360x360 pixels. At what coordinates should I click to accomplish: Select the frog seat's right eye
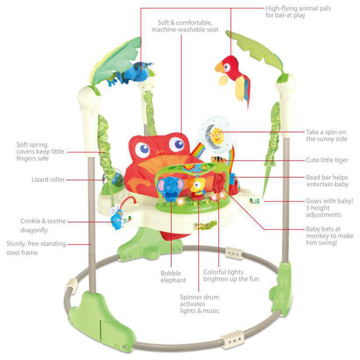tap(176, 144)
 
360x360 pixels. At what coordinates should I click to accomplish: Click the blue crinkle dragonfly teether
tap(117, 218)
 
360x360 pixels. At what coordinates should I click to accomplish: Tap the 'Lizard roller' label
tap(48, 180)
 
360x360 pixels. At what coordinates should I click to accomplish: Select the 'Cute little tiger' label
tap(327, 160)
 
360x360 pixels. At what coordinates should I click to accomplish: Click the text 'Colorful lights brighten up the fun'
tap(231, 275)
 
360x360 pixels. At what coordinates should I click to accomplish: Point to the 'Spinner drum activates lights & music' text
tap(199, 304)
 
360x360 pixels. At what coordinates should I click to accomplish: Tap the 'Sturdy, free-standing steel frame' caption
tap(36, 248)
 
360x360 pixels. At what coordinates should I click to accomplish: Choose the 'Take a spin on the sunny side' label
tap(327, 135)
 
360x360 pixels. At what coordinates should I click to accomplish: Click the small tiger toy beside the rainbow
tap(218, 160)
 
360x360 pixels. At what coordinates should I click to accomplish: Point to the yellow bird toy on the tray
tap(197, 187)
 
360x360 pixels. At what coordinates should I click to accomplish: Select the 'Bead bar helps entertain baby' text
tap(327, 181)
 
